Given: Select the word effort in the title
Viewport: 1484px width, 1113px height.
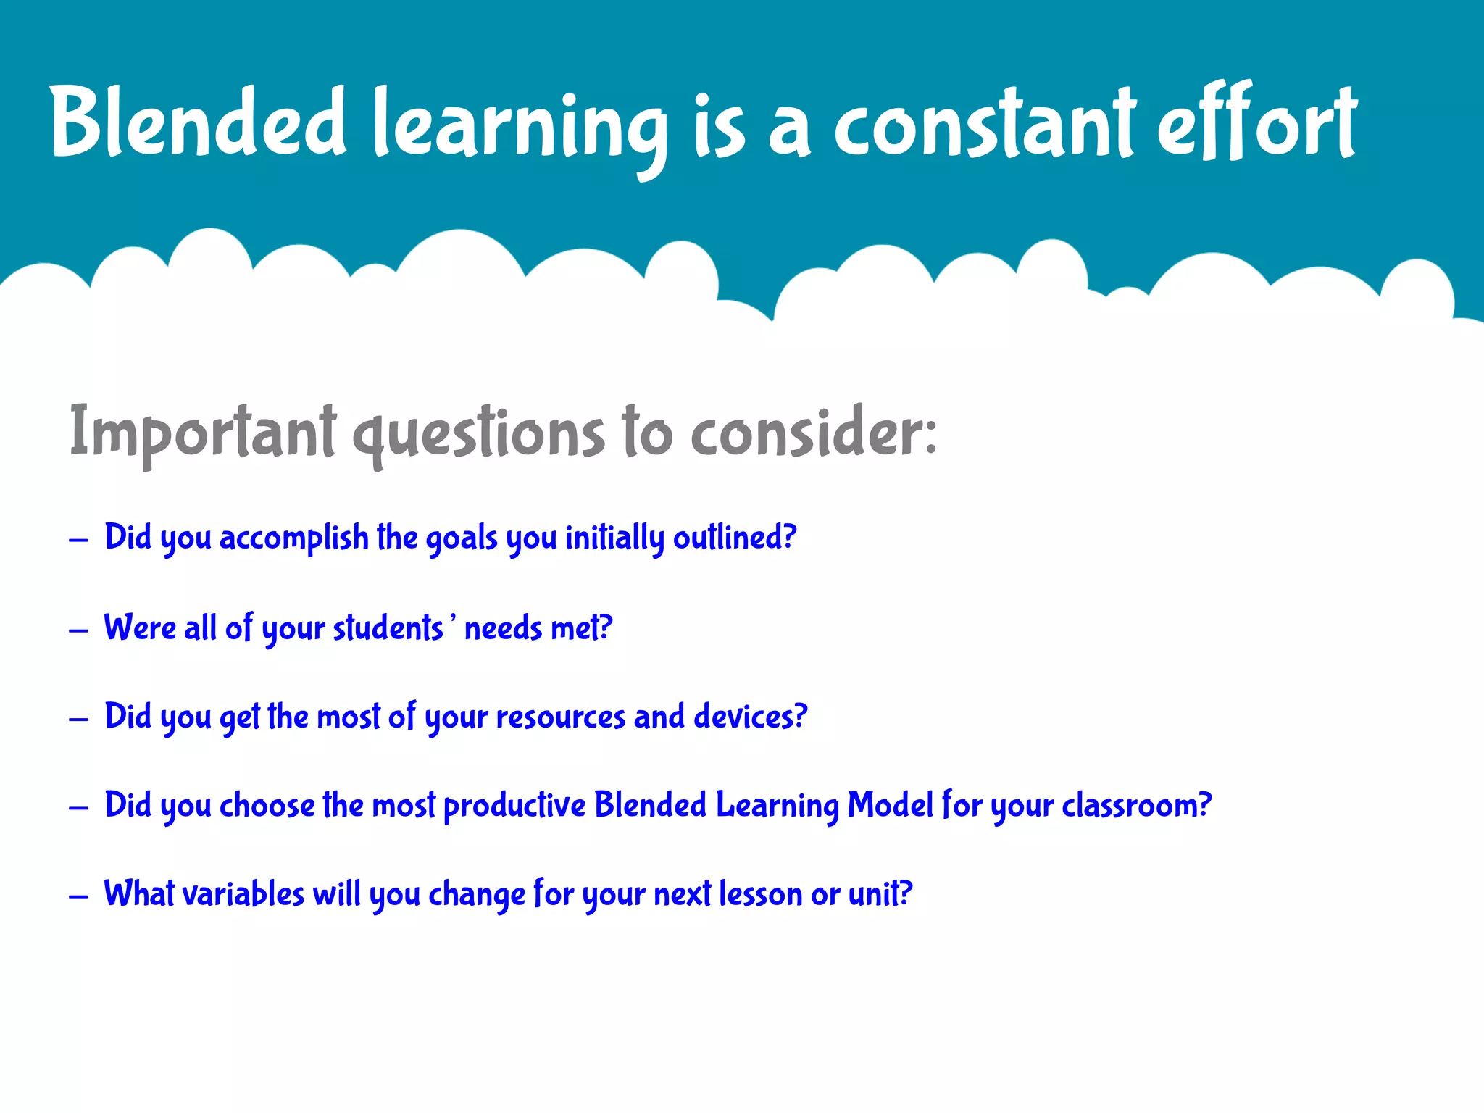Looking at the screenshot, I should click(x=1257, y=122).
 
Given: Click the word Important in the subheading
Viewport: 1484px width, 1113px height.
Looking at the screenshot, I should click(x=203, y=433).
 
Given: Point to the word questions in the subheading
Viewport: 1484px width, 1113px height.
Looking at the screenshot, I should click(x=478, y=435).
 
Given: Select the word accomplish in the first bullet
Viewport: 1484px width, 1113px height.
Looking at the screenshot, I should click(x=293, y=538).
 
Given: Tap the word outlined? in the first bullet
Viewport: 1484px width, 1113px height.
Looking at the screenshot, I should click(x=735, y=538).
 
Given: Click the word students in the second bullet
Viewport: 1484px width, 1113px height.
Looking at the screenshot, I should click(x=388, y=628).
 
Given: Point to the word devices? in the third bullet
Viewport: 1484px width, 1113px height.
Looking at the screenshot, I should click(x=750, y=717).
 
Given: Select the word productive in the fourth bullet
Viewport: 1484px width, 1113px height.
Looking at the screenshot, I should click(x=514, y=806).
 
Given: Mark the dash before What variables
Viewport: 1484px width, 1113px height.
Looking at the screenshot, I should click(x=78, y=897).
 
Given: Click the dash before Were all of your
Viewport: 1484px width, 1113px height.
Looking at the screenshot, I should click(x=78, y=630).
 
